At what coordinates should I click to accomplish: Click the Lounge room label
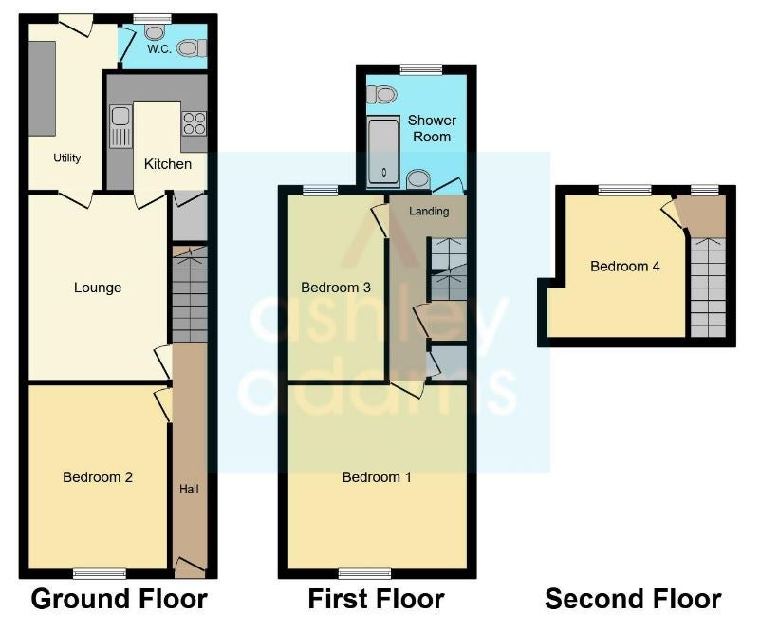click(98, 288)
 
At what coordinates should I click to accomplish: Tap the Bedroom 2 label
click(98, 477)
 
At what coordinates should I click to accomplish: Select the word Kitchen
click(168, 164)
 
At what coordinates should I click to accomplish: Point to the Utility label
click(66, 158)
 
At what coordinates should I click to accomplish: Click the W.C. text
click(159, 49)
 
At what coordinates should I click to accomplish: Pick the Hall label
click(189, 489)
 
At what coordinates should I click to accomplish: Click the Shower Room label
click(432, 128)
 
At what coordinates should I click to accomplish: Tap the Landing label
click(429, 212)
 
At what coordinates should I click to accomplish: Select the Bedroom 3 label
click(336, 288)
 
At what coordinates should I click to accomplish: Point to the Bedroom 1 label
click(377, 477)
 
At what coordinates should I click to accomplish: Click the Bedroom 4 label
click(624, 266)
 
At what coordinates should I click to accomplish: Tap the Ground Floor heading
click(120, 599)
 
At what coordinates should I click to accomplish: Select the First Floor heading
click(376, 599)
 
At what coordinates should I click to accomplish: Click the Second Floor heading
click(633, 599)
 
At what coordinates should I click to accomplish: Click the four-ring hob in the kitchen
click(195, 123)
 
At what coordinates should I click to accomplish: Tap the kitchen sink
click(120, 127)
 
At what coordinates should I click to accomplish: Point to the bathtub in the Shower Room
click(383, 151)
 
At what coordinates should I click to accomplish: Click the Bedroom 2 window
click(100, 574)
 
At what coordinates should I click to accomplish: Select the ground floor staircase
click(190, 295)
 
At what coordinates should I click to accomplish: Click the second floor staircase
click(708, 288)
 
